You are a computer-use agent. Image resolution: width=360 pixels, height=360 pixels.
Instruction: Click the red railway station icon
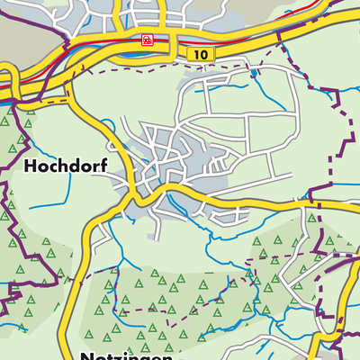coord(147,40)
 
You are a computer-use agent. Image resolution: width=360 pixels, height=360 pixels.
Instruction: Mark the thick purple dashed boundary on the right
coord(332,162)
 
